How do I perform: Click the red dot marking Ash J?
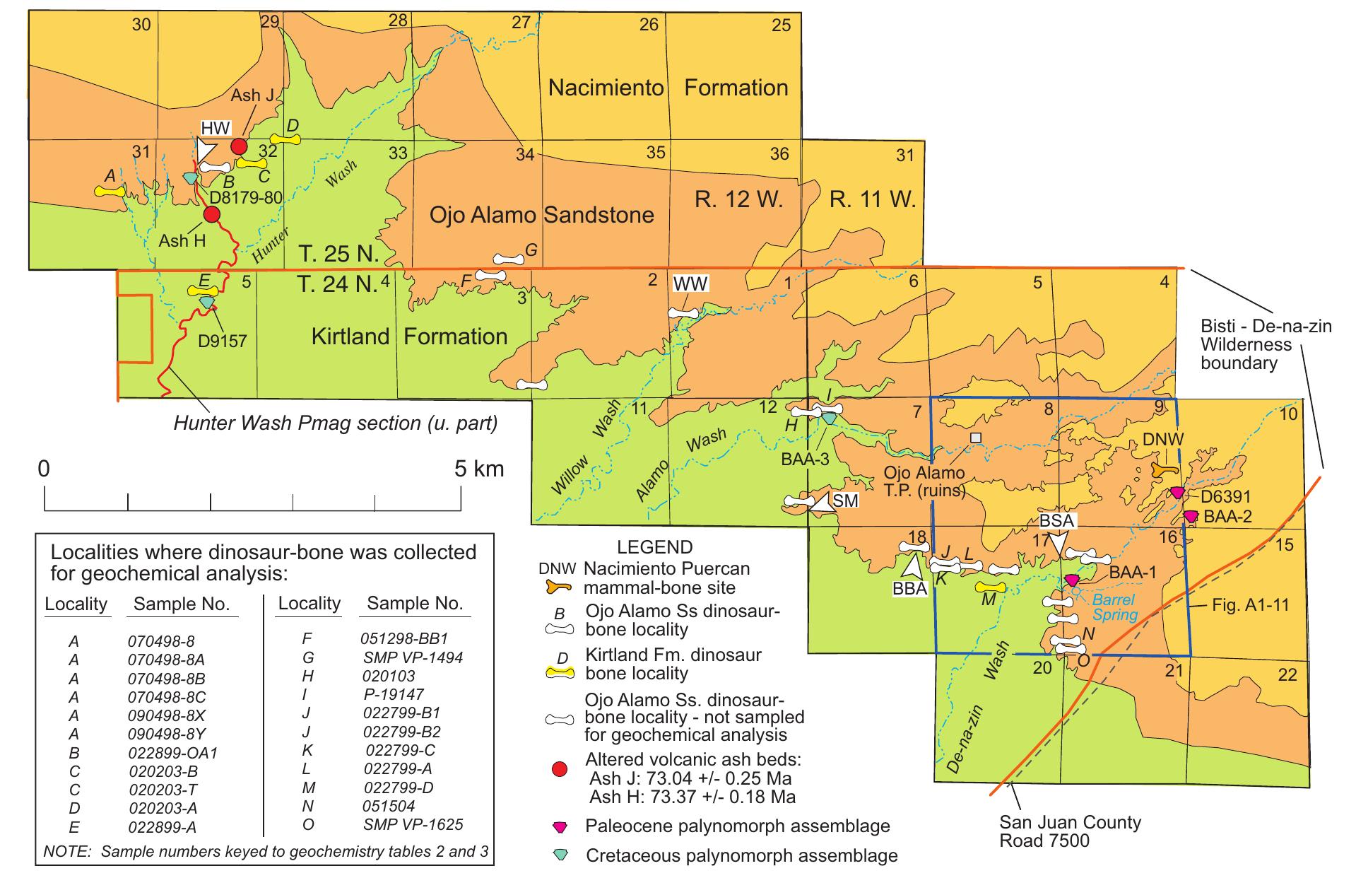[x=239, y=146]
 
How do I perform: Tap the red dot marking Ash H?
[x=212, y=214]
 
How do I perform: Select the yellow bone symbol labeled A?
[x=110, y=191]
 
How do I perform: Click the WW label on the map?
[x=690, y=284]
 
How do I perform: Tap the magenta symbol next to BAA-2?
[x=1191, y=517]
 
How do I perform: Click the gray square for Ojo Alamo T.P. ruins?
[x=976, y=438]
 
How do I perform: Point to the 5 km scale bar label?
[x=479, y=469]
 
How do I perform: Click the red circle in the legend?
[x=560, y=769]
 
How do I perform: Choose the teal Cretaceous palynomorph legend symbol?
[x=560, y=855]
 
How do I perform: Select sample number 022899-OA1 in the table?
[x=172, y=753]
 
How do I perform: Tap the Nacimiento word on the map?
[x=606, y=88]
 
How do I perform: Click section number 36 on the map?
[x=779, y=153]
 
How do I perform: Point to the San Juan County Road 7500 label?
[x=1070, y=831]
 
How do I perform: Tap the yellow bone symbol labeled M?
[x=990, y=587]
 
